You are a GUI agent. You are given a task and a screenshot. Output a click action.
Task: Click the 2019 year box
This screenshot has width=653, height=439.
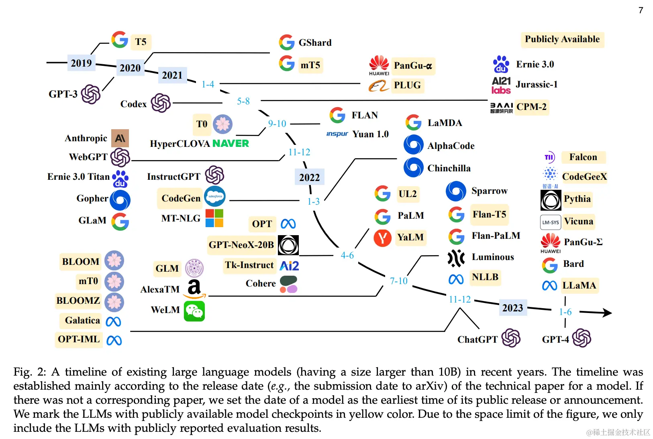[81, 63]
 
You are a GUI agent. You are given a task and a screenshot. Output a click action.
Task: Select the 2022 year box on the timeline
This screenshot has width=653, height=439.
[309, 177]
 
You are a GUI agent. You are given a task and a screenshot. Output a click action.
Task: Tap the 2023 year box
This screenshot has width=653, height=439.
[512, 308]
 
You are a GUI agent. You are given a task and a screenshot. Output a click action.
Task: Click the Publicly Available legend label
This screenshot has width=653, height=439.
[562, 39]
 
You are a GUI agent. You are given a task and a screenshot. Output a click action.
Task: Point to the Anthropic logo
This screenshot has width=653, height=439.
[120, 138]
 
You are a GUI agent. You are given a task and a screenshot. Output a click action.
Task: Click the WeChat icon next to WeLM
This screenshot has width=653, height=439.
[194, 311]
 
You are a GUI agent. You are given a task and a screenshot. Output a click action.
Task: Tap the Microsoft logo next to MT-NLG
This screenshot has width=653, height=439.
[214, 218]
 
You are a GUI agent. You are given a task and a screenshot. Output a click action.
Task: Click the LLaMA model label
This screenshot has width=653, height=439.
[579, 285]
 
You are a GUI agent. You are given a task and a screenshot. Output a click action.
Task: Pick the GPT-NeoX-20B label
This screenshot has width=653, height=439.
[241, 245]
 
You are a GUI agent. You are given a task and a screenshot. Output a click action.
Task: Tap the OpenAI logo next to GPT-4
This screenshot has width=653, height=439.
[582, 338]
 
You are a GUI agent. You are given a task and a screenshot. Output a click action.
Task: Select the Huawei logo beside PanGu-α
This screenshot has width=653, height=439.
[379, 65]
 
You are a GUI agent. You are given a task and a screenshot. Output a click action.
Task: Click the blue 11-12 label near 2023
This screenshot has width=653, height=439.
[459, 299]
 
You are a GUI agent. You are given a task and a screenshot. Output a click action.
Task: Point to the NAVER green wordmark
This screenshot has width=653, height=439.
[231, 144]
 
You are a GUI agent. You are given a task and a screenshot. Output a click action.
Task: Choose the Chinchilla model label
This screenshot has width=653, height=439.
[449, 168]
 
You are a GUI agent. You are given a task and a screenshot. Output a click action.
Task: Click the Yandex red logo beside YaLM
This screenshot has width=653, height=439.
[382, 238]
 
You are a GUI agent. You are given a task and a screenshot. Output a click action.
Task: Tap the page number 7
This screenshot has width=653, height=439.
[641, 10]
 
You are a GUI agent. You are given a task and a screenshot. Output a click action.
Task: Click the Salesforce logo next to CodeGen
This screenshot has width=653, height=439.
[215, 196]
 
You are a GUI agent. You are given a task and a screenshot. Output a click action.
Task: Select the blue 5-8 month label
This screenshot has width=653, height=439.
[243, 101]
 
